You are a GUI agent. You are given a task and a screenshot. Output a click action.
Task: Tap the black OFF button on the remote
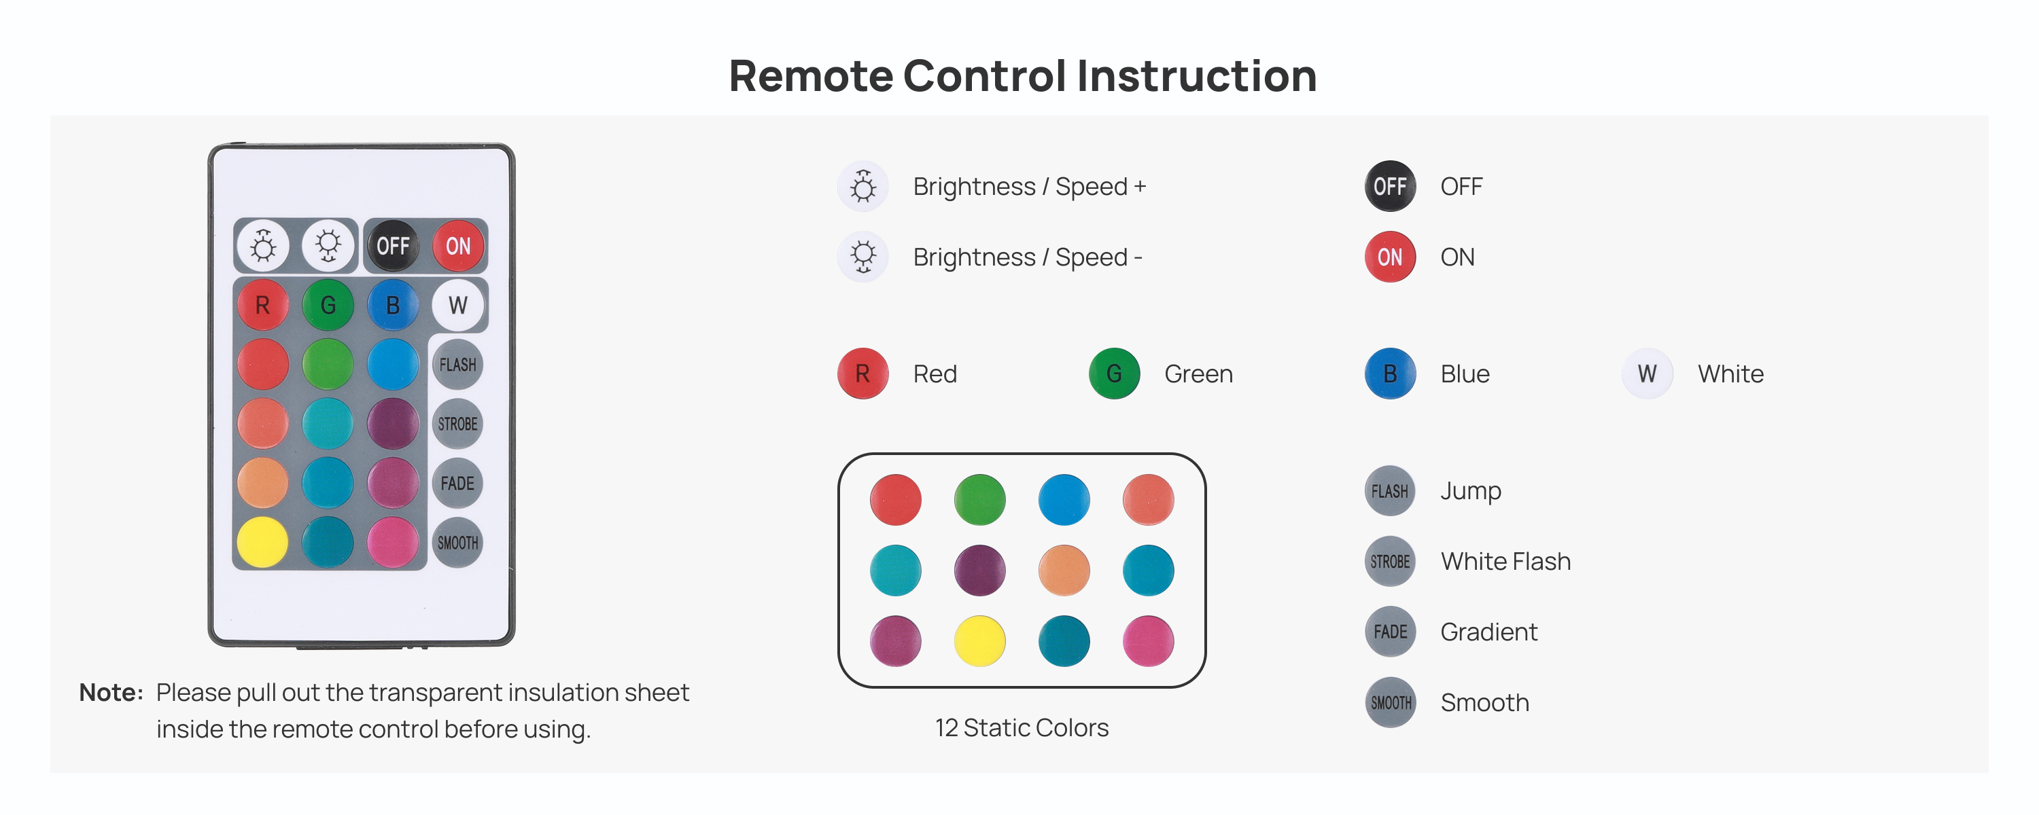point(393,245)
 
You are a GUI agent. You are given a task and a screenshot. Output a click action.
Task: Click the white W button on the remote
point(457,305)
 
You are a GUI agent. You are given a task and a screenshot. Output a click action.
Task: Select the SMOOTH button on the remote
point(457,542)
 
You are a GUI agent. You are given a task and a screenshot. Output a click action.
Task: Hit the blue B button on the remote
point(393,305)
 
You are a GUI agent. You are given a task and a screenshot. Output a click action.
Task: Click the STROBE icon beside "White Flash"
point(1390,561)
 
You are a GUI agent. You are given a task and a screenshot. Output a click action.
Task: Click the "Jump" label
point(1471,490)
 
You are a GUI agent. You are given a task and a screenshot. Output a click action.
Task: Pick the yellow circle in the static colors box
point(980,641)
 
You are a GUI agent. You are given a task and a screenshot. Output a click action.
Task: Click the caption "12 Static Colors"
point(1022,727)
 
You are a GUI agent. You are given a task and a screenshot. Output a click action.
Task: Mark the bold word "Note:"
point(111,692)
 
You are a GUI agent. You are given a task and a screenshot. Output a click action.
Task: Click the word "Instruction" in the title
point(1197,76)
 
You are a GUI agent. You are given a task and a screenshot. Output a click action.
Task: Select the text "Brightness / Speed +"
point(1030,187)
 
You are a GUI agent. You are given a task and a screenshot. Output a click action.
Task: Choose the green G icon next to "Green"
point(1114,374)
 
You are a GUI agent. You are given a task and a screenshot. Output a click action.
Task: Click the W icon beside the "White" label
point(1648,374)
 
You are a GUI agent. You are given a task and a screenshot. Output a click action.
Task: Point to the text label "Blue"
point(1465,374)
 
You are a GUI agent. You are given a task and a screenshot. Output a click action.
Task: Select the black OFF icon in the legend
point(1390,186)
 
